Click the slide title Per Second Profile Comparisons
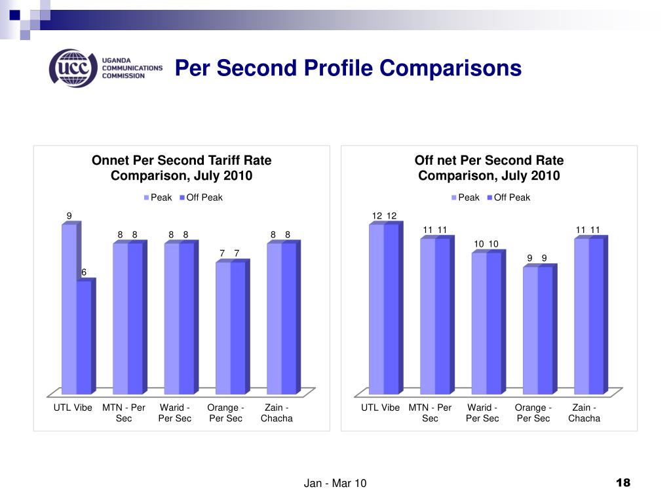coord(348,68)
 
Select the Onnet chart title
coord(182,168)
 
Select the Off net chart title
coord(489,168)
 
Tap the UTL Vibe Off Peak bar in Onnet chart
coord(83,337)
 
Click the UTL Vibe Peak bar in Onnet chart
coord(69,308)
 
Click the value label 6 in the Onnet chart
coord(84,272)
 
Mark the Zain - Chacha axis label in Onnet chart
coord(277,413)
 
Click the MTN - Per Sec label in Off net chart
coord(430,413)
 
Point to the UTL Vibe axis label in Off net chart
coord(380,408)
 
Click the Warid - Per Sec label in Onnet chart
coord(175,413)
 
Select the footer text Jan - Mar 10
coord(335,484)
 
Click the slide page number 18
coord(623,483)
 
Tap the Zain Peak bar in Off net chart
coord(581,316)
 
